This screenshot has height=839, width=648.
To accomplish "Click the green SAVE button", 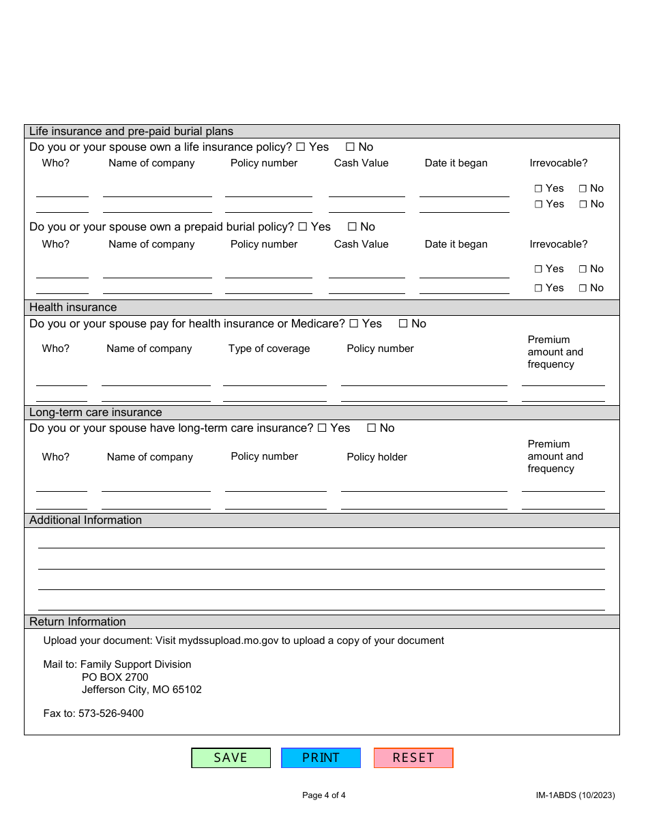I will click(231, 758).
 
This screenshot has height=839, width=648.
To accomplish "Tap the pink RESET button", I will click(413, 758).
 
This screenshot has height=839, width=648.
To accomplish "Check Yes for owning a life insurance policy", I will click(301, 147).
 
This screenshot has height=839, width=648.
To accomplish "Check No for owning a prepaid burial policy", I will click(353, 227).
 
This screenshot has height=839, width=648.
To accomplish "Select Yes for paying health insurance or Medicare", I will click(354, 324).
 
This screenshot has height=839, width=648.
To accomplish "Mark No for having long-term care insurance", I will click(372, 428).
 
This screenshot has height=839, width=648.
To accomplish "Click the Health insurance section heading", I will click(73, 308).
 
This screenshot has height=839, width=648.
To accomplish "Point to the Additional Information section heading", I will click(85, 520).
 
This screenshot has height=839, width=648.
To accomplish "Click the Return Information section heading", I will click(77, 622).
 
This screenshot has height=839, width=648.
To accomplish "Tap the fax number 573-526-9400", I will click(111, 713).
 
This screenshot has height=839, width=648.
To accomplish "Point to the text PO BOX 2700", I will click(115, 677).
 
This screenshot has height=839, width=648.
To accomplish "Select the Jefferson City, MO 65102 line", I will click(141, 690).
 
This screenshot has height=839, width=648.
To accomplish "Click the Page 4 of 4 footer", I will click(324, 795).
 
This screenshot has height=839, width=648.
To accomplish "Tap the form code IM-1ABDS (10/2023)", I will click(575, 795).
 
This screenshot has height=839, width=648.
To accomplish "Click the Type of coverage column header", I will click(269, 349).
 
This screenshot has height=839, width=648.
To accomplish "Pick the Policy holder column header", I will click(377, 457).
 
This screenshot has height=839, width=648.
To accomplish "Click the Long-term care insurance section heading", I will click(95, 413).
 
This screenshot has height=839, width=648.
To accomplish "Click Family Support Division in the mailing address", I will click(136, 664).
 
